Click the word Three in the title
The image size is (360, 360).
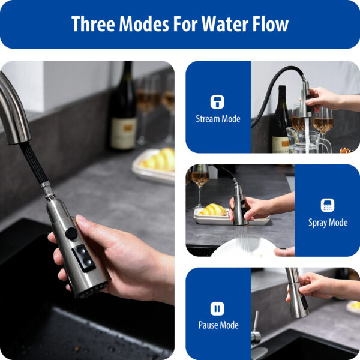click(x=92, y=24)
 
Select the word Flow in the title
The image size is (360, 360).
click(x=270, y=24)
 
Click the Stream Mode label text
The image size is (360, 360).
click(x=218, y=119)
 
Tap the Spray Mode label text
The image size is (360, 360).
click(x=328, y=223)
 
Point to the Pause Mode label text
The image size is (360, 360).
click(x=218, y=325)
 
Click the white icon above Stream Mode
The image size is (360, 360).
click(x=217, y=101)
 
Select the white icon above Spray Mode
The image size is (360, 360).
click(x=328, y=205)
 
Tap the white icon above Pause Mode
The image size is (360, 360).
click(x=217, y=308)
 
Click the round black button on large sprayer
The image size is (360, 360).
click(x=72, y=233)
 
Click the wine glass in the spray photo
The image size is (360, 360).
click(x=200, y=180)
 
